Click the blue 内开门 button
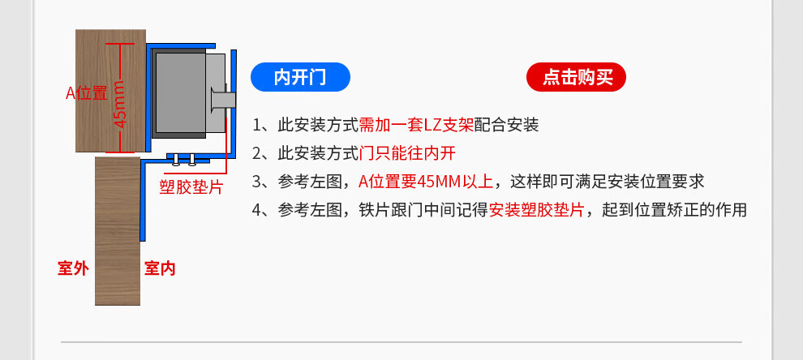(300, 77)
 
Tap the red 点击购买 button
(577, 77)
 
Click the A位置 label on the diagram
(87, 93)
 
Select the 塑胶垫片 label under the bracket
(191, 187)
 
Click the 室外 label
(73, 268)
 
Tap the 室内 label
(160, 268)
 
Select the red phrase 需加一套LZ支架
(416, 126)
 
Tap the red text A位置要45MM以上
(425, 181)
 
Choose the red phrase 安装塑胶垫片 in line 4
(536, 210)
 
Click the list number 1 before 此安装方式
(258, 126)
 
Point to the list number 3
(258, 181)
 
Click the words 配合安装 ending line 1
(506, 126)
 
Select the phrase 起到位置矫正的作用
(673, 210)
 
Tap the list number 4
(258, 210)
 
